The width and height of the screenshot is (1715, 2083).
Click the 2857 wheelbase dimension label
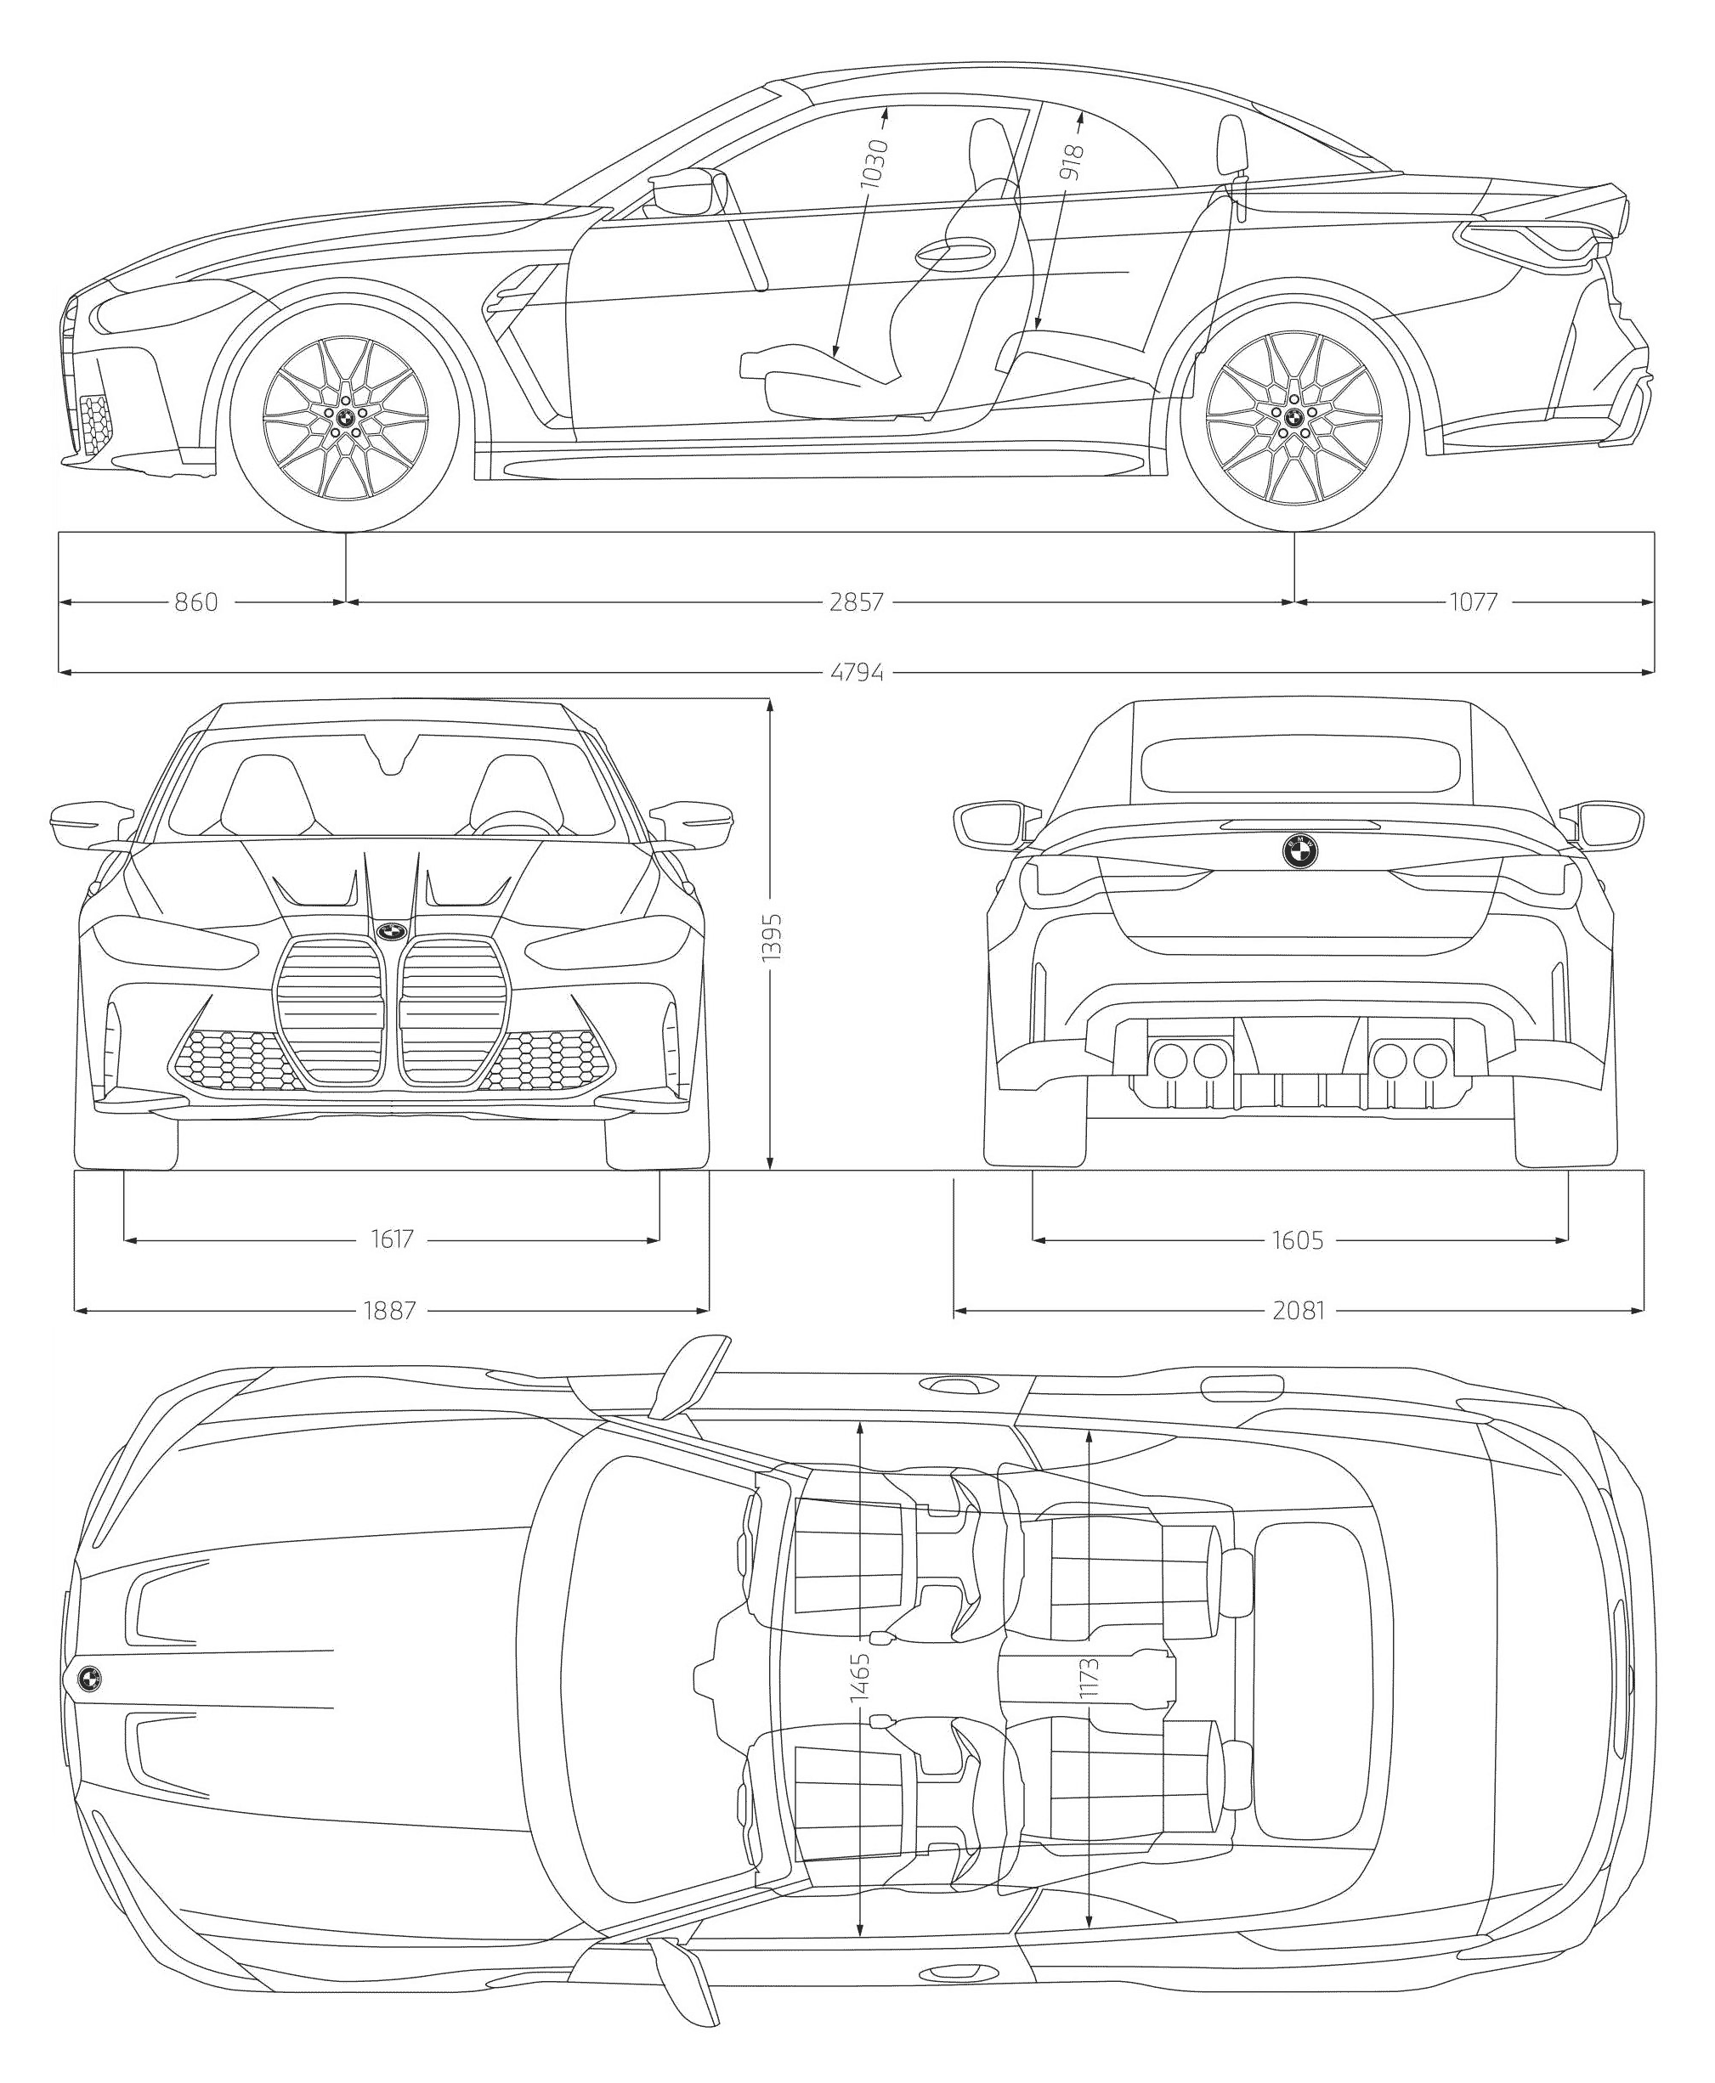(x=856, y=601)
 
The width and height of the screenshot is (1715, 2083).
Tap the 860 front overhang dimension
(x=195, y=601)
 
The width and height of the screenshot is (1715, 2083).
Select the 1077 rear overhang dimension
(x=1473, y=601)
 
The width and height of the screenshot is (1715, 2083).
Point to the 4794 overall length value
(x=857, y=674)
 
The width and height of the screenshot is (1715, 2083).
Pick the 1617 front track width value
(x=392, y=1239)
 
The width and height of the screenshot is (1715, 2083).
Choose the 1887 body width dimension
(x=390, y=1311)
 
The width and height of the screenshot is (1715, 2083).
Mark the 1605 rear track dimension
(x=1297, y=1239)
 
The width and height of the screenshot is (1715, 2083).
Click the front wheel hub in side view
(x=346, y=419)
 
